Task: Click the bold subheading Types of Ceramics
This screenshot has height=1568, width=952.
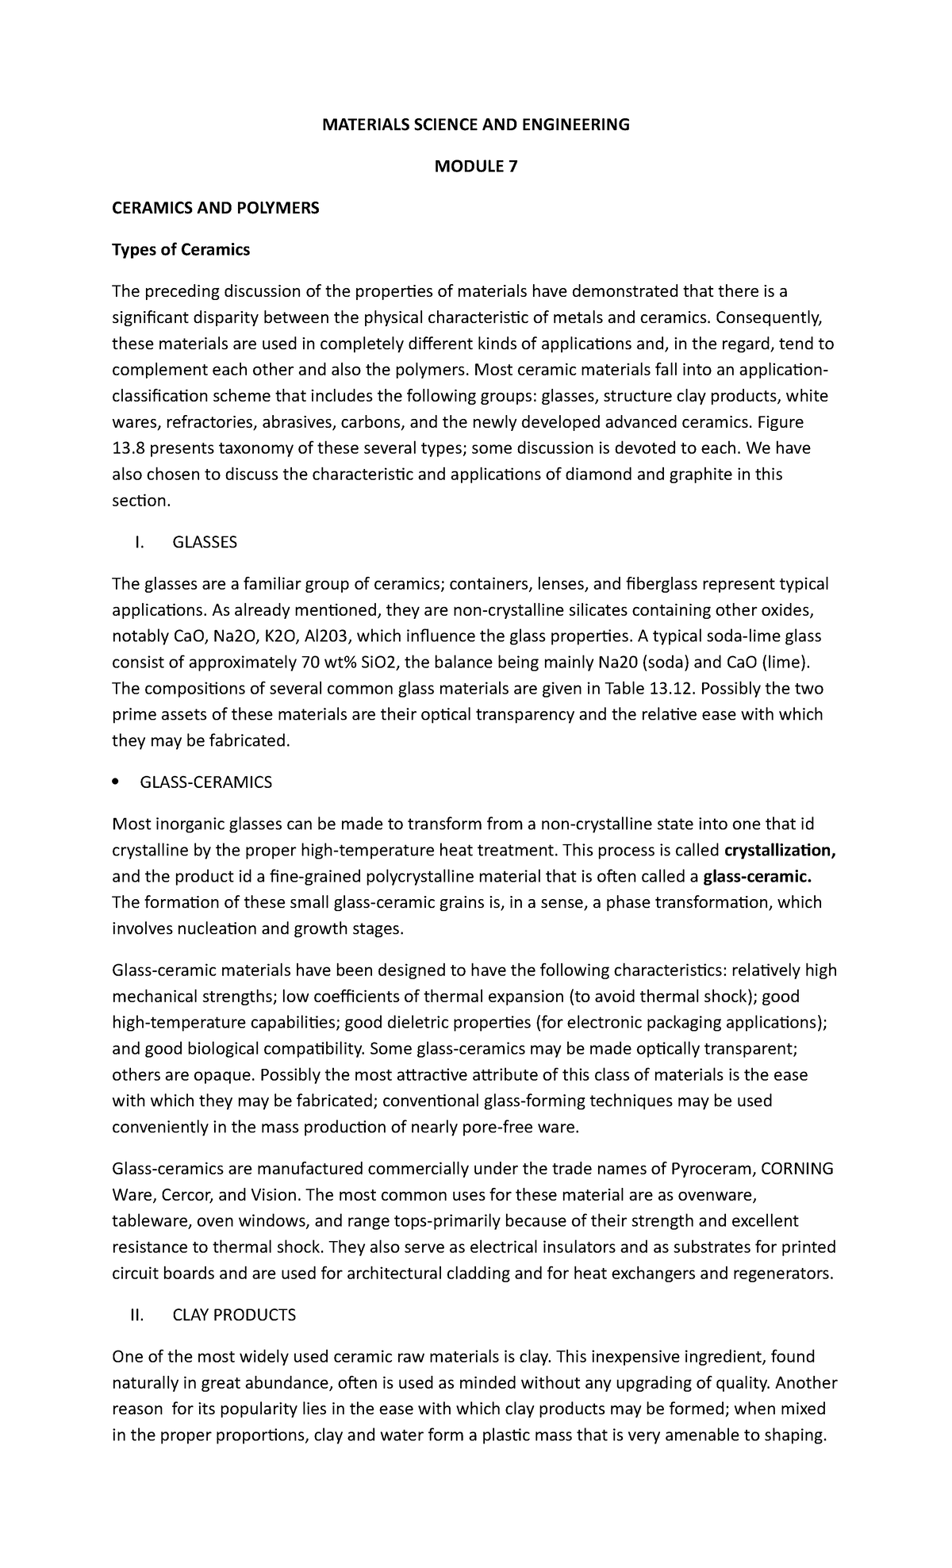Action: [x=181, y=250]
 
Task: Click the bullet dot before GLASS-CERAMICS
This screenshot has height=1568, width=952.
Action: [x=116, y=783]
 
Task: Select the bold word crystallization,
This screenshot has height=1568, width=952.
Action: [x=781, y=851]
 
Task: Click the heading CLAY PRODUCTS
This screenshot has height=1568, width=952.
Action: [x=234, y=1315]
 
